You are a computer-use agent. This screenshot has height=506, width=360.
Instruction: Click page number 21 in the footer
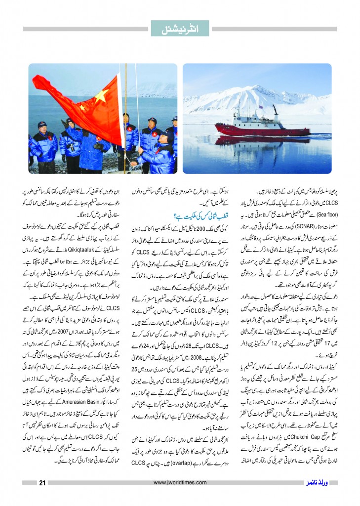tap(42, 483)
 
